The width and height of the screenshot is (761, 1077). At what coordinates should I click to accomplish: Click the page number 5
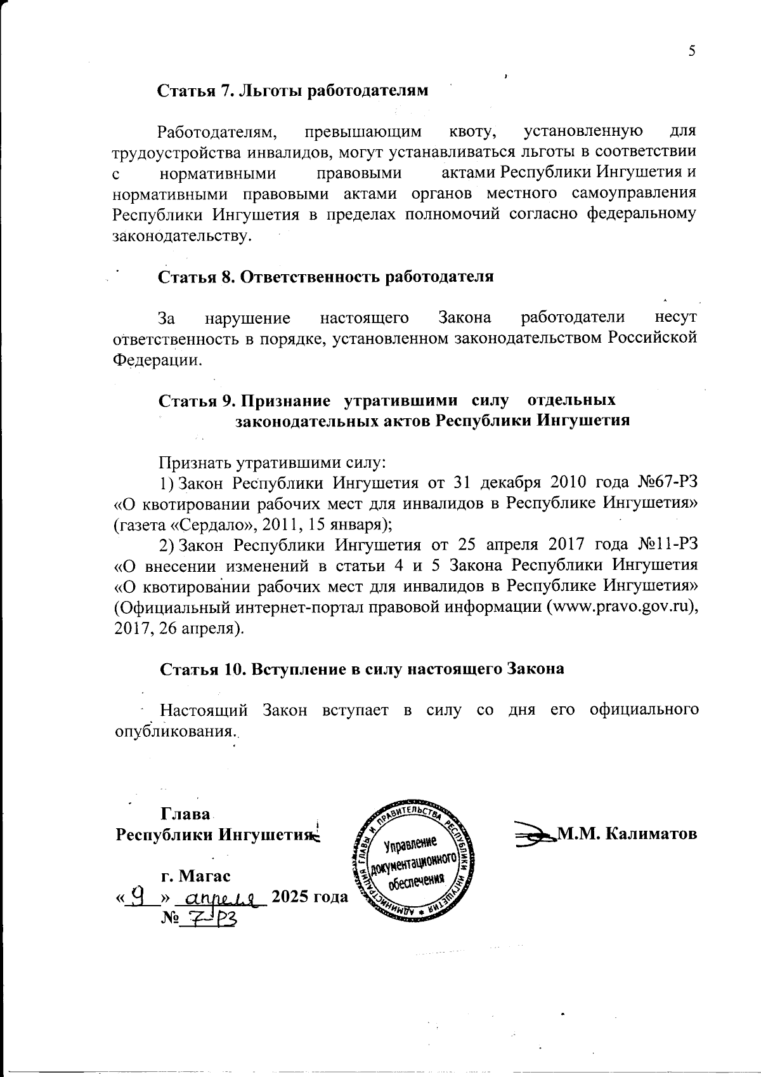click(x=692, y=51)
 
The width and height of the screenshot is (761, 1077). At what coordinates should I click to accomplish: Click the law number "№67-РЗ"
click(x=666, y=482)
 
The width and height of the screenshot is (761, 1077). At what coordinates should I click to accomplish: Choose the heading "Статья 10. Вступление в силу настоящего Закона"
click(x=361, y=669)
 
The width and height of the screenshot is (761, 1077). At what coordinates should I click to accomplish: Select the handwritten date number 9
click(x=144, y=895)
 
